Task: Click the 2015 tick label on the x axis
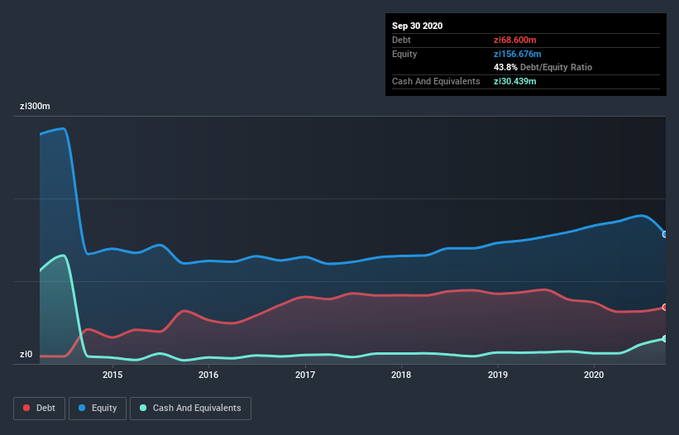[x=112, y=375]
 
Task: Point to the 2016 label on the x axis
[x=208, y=375]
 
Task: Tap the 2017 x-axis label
[x=305, y=375]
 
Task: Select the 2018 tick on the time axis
[x=401, y=375]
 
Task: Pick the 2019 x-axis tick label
[x=498, y=375]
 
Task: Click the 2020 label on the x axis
[x=594, y=375]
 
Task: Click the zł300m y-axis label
[x=36, y=107]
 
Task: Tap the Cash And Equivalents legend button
[x=190, y=408]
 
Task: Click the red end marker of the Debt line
[x=665, y=307]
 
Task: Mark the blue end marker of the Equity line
[x=665, y=234]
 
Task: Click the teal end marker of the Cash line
[x=665, y=339]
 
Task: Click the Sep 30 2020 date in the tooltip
[x=418, y=26]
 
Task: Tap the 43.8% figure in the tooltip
[x=505, y=67]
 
